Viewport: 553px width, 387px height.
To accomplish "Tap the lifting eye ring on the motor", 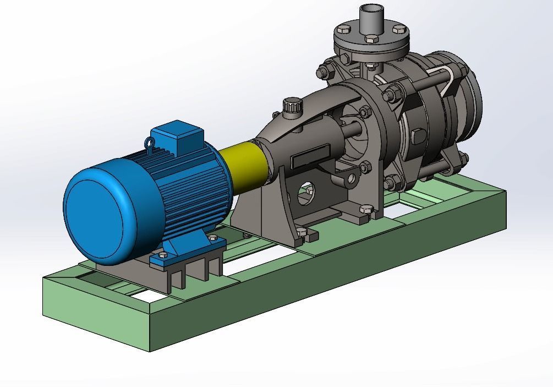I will click(149, 143).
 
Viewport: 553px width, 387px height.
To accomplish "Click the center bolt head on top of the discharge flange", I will click(371, 38).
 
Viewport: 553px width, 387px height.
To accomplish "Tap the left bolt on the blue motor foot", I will click(162, 255).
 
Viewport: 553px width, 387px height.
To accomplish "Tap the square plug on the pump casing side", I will click(417, 135).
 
